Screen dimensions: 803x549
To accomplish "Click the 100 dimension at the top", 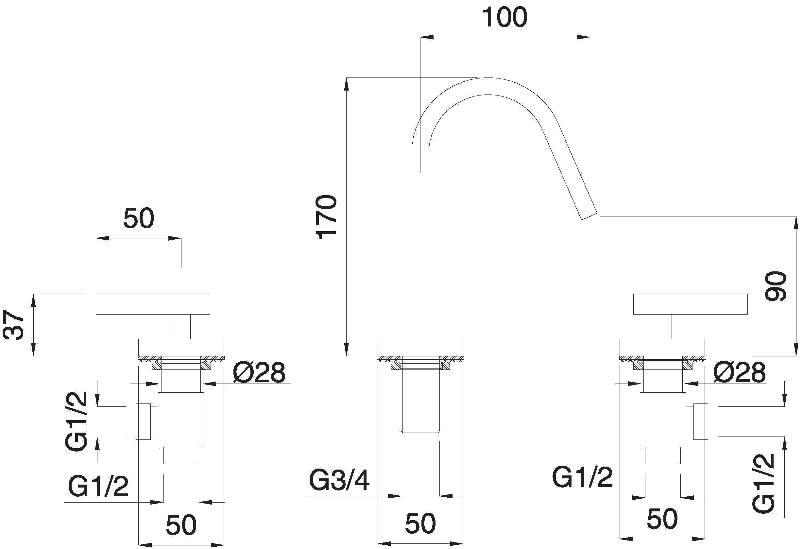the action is pos(504,17).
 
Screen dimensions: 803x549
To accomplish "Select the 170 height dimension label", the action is pos(326,217).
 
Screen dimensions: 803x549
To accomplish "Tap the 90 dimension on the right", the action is pos(775,286).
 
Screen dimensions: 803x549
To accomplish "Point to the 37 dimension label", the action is pos(13,325).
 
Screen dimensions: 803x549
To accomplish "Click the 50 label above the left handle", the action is pos(139,218).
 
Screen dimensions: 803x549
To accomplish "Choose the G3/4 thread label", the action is pos(339,480).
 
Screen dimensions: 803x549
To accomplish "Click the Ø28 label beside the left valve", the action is pos(259,372).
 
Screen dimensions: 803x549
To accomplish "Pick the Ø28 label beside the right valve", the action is pos(740,372).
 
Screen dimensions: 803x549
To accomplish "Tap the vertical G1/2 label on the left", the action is pos(76,421).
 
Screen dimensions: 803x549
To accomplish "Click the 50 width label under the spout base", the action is pos(420,524).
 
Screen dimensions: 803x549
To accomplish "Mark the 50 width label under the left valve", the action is pos(181,525).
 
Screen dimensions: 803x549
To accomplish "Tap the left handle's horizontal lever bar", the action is pos(153,304).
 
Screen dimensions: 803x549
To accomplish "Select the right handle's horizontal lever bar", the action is pos(690,304).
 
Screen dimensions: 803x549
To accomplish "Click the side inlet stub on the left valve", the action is pos(143,421).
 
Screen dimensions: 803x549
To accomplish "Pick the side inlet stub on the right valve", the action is pos(701,421).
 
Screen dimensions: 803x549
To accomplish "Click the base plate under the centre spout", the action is pos(420,348).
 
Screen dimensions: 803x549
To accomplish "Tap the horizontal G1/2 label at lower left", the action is pos(98,486).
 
